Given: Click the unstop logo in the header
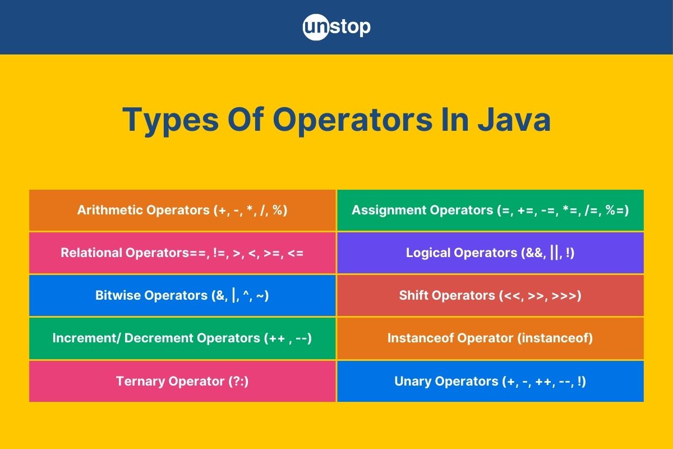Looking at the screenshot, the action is click(x=336, y=27).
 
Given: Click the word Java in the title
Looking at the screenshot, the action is click(x=514, y=120).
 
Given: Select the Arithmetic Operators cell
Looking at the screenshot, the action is click(x=182, y=210).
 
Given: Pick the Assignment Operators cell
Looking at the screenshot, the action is click(x=490, y=210).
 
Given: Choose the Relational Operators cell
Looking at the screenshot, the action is click(x=182, y=253).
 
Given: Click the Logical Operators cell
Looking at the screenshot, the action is click(x=490, y=253).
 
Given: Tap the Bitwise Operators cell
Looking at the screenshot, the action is click(x=182, y=296).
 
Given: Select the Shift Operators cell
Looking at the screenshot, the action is click(x=490, y=296).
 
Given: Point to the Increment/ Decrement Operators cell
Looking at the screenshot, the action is click(x=182, y=338).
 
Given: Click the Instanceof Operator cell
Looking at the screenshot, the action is click(x=490, y=338).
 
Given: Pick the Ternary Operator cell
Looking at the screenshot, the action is click(x=182, y=381).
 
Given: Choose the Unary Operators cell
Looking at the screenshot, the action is click(x=490, y=381).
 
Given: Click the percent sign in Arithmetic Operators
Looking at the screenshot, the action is click(x=277, y=210).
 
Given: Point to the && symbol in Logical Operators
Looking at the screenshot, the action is click(x=532, y=253).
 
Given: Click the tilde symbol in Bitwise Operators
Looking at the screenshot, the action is click(x=260, y=296).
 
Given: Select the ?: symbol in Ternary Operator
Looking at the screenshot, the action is click(x=238, y=381).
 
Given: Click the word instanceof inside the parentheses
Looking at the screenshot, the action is click(x=555, y=338).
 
